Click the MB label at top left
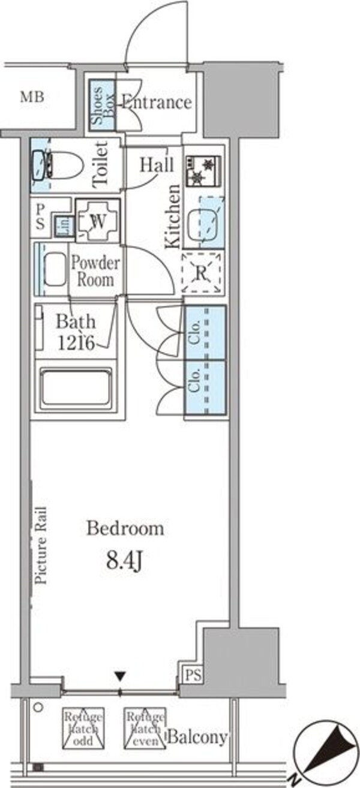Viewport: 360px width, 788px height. [x=32, y=98]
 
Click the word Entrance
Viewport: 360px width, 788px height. [x=157, y=102]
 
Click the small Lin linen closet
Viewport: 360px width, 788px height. [x=63, y=225]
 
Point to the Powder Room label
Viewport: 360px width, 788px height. [x=95, y=271]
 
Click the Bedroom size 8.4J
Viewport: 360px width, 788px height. [x=125, y=563]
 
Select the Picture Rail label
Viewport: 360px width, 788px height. [x=41, y=546]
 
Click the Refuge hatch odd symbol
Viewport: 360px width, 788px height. [x=83, y=728]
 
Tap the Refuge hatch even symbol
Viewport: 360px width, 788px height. [x=145, y=728]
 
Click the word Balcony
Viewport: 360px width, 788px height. [x=197, y=737]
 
